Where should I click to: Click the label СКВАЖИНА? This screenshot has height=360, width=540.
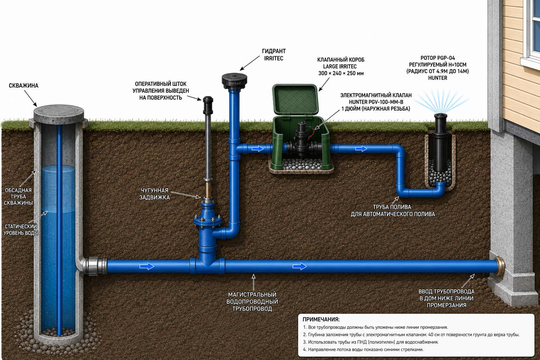coord(24,85)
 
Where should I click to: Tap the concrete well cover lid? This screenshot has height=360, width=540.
coord(59,113)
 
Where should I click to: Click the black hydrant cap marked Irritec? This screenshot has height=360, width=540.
coord(234,81)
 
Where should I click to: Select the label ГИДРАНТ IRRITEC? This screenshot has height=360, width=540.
coord(274,55)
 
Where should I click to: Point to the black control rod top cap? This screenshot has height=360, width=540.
coord(208,105)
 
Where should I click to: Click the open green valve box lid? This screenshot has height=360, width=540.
coord(295,99)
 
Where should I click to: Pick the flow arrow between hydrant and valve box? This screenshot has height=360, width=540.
coord(258,148)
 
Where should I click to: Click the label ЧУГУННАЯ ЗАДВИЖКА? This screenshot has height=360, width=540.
coord(155,194)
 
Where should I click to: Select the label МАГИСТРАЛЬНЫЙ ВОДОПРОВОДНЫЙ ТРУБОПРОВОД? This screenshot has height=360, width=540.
coord(252,301)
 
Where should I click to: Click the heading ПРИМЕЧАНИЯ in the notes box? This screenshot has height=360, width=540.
coord(321,319)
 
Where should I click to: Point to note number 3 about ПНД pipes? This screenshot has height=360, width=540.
coord(371,342)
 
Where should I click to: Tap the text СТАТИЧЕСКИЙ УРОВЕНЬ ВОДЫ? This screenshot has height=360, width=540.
coord(21,230)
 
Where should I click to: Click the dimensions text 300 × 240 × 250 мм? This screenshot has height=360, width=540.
coord(341,73)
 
